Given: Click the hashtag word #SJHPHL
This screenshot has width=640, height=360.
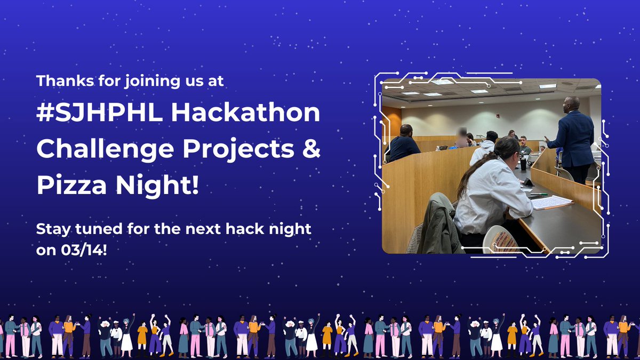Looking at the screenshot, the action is [x=99, y=113].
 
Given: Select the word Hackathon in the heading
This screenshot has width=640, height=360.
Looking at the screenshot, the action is [x=246, y=113].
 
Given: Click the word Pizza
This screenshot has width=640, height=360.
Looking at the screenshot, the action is [x=71, y=185].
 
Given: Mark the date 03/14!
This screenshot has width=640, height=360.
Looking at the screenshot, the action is [x=84, y=250].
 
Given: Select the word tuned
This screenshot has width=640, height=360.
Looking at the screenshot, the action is [x=99, y=229].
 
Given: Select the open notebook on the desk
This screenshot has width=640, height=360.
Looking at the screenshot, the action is [x=551, y=202].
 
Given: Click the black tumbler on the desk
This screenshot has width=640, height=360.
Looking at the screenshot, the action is [x=523, y=164].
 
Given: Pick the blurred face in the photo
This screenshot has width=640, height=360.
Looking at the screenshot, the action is [x=462, y=133].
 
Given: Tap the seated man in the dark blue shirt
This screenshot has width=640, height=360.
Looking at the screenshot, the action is [x=403, y=143].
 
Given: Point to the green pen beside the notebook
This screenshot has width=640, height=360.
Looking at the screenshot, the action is [x=539, y=194].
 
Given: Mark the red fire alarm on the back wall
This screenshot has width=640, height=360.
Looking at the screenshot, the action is [x=498, y=116].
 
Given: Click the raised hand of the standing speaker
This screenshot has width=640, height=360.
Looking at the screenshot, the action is [x=546, y=139].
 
